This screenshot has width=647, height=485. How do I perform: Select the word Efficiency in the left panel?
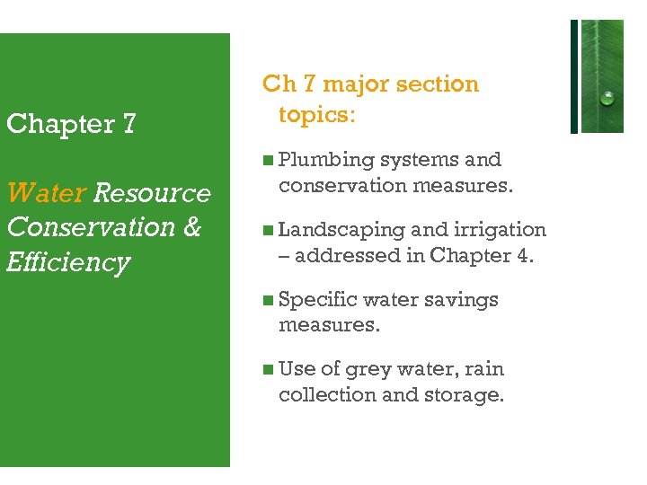(68, 262)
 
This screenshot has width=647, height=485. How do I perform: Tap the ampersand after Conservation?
(191, 227)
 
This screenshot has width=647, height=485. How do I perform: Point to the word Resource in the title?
(152, 193)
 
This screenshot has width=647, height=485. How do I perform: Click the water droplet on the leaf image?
(607, 97)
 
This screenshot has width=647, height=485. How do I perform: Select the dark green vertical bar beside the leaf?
(574, 76)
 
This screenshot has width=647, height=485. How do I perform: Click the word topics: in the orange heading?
(317, 115)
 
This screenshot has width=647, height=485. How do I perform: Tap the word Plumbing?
(326, 160)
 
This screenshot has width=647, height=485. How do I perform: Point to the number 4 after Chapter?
(524, 255)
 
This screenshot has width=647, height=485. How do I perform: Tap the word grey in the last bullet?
(368, 369)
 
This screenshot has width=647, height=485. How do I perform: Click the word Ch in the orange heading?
(278, 84)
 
